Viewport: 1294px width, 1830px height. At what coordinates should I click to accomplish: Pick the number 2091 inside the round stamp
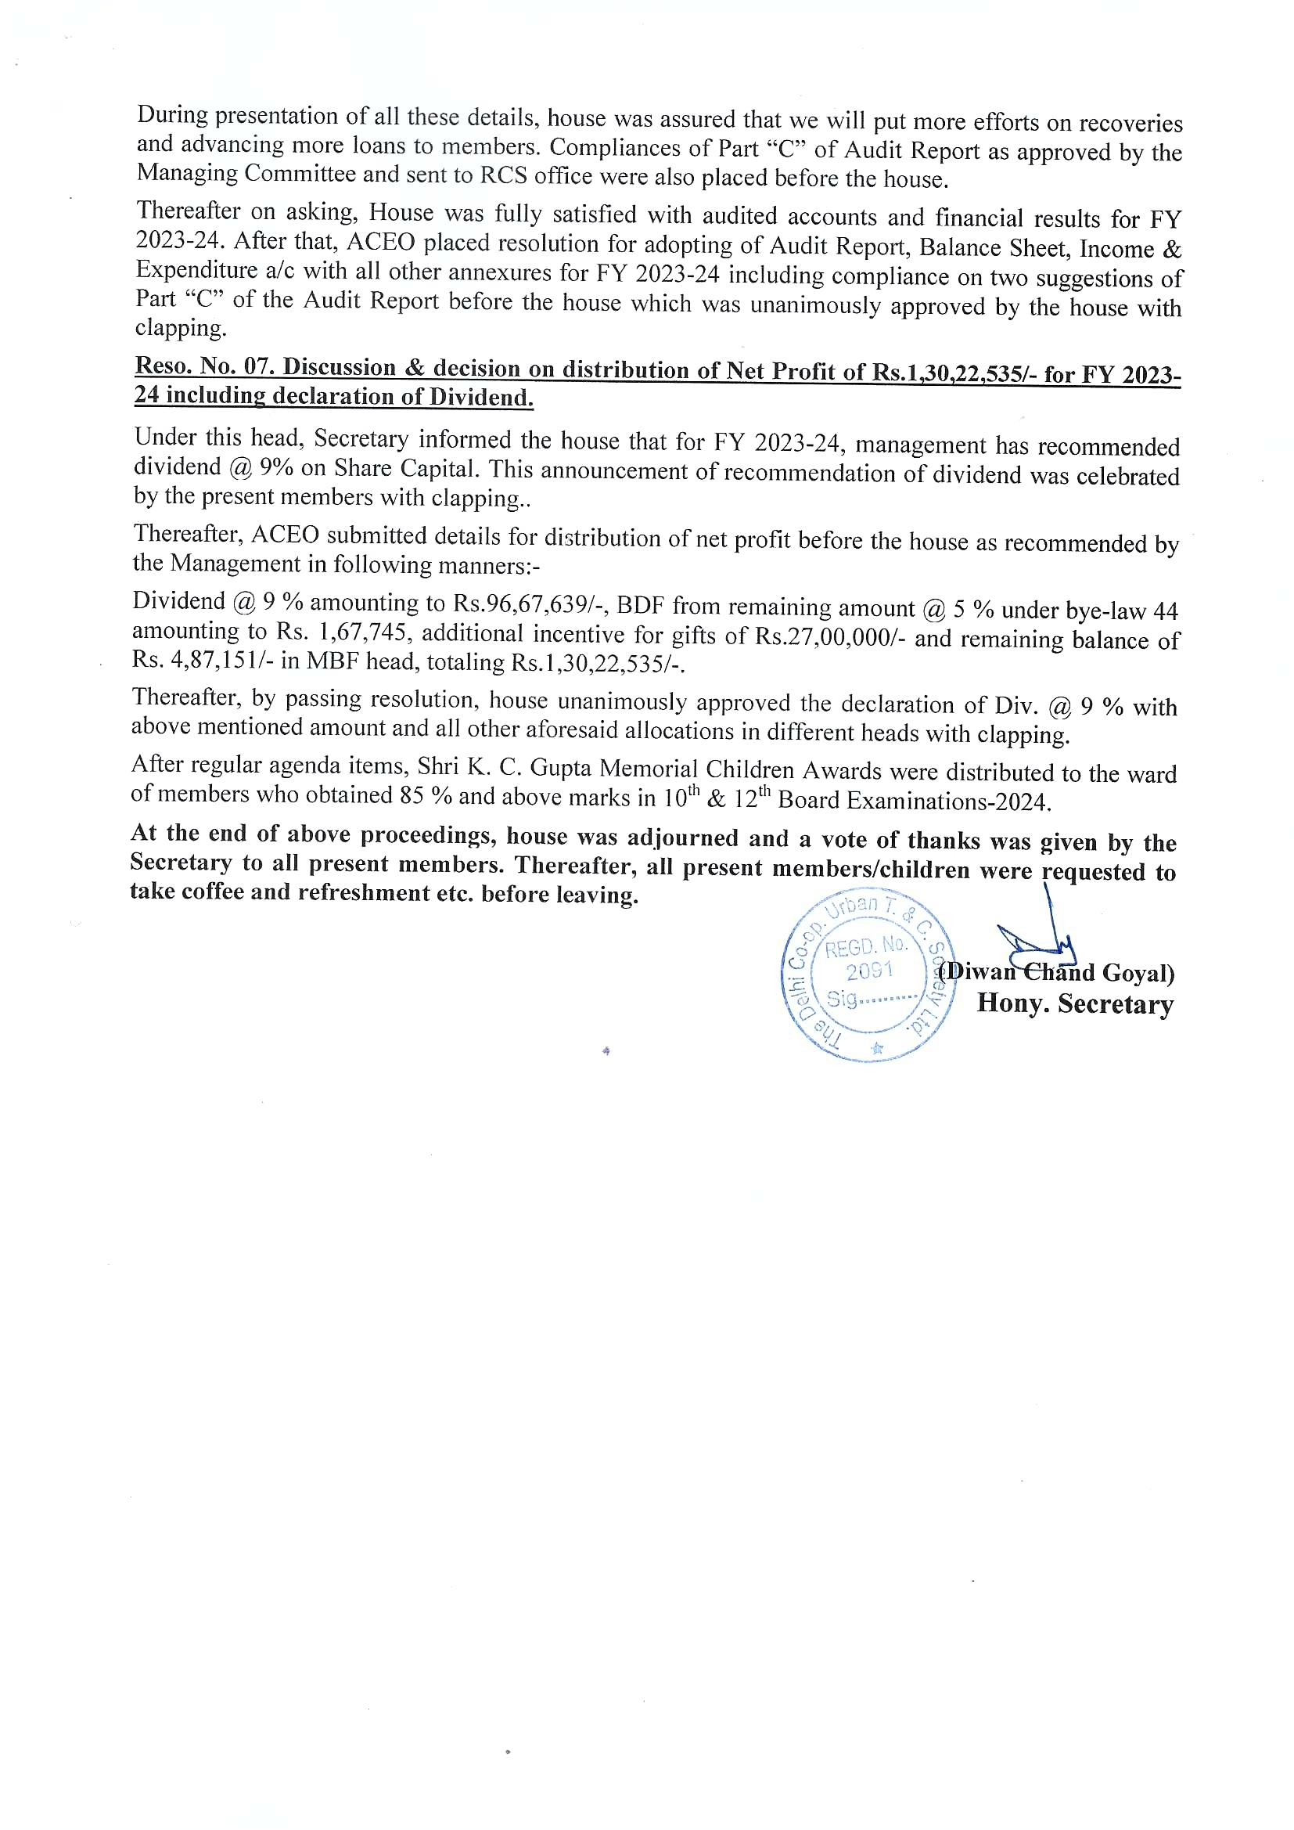(x=870, y=971)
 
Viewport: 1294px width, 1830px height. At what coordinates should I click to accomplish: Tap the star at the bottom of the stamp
(x=877, y=1048)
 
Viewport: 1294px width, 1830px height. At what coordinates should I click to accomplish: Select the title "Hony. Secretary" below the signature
(x=1075, y=1003)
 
